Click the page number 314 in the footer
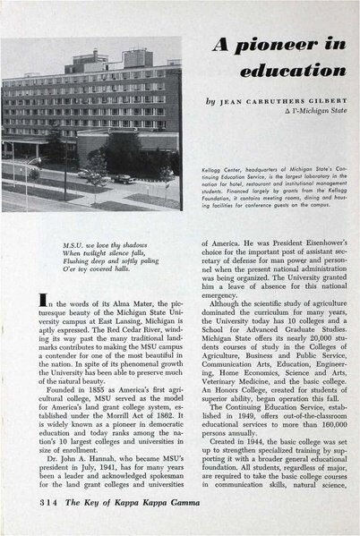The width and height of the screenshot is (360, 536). pos(33,514)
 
